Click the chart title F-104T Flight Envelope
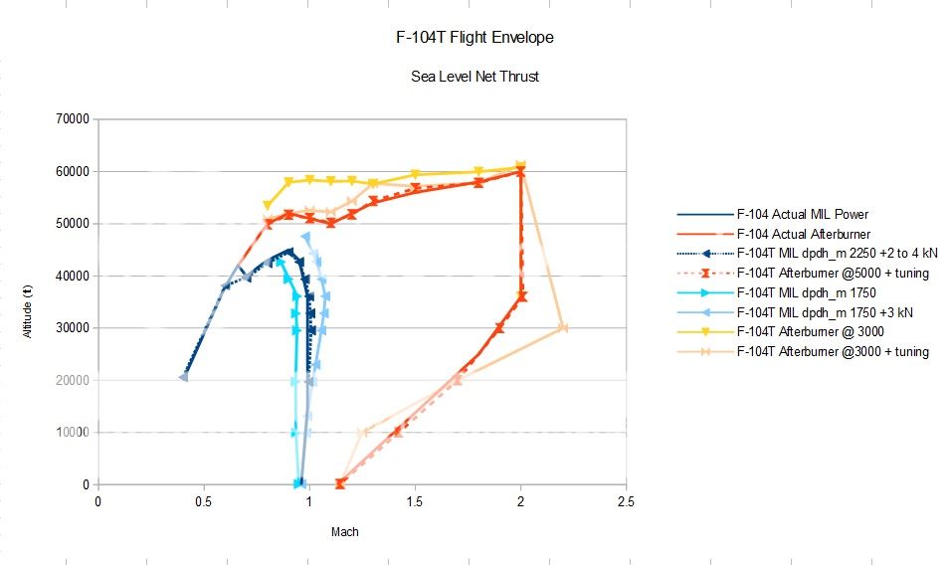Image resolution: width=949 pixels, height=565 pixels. point(474,38)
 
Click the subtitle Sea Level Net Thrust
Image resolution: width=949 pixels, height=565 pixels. point(474,77)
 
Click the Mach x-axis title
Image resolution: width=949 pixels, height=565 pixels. point(344,532)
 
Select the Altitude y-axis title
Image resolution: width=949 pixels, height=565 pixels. point(31,301)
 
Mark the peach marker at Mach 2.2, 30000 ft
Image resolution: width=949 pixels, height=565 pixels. point(563,328)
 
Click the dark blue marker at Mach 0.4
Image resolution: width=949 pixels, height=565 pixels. point(183,377)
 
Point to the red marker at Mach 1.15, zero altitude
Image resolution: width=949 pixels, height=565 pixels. point(340,483)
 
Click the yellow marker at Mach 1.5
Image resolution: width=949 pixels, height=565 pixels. point(415,174)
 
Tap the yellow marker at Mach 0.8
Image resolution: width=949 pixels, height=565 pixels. point(267,206)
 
